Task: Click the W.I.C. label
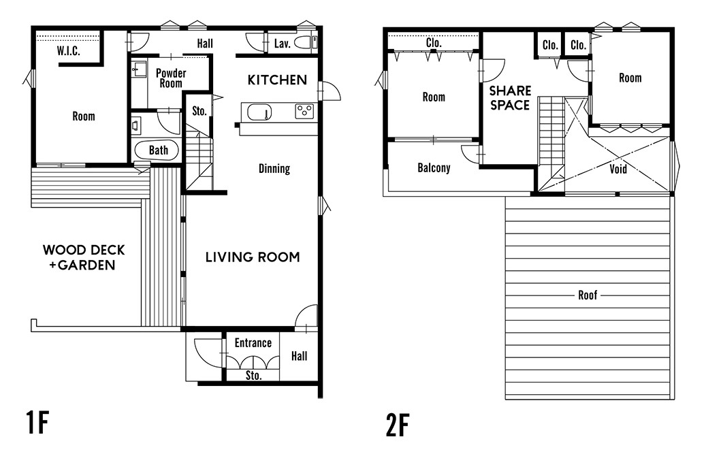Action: click(69, 51)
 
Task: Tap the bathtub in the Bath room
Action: click(157, 150)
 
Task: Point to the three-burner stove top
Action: click(304, 112)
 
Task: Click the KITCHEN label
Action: click(277, 80)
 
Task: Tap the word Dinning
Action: click(274, 168)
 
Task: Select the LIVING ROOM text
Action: click(253, 257)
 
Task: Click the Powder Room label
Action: click(171, 78)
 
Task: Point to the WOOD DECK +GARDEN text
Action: click(84, 257)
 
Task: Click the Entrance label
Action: click(253, 343)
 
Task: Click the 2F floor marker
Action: click(398, 425)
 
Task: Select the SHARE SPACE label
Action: click(510, 98)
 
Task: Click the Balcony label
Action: click(434, 168)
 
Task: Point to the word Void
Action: click(618, 169)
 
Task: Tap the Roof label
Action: click(588, 295)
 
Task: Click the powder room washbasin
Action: click(139, 69)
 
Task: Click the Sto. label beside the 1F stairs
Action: click(199, 111)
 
